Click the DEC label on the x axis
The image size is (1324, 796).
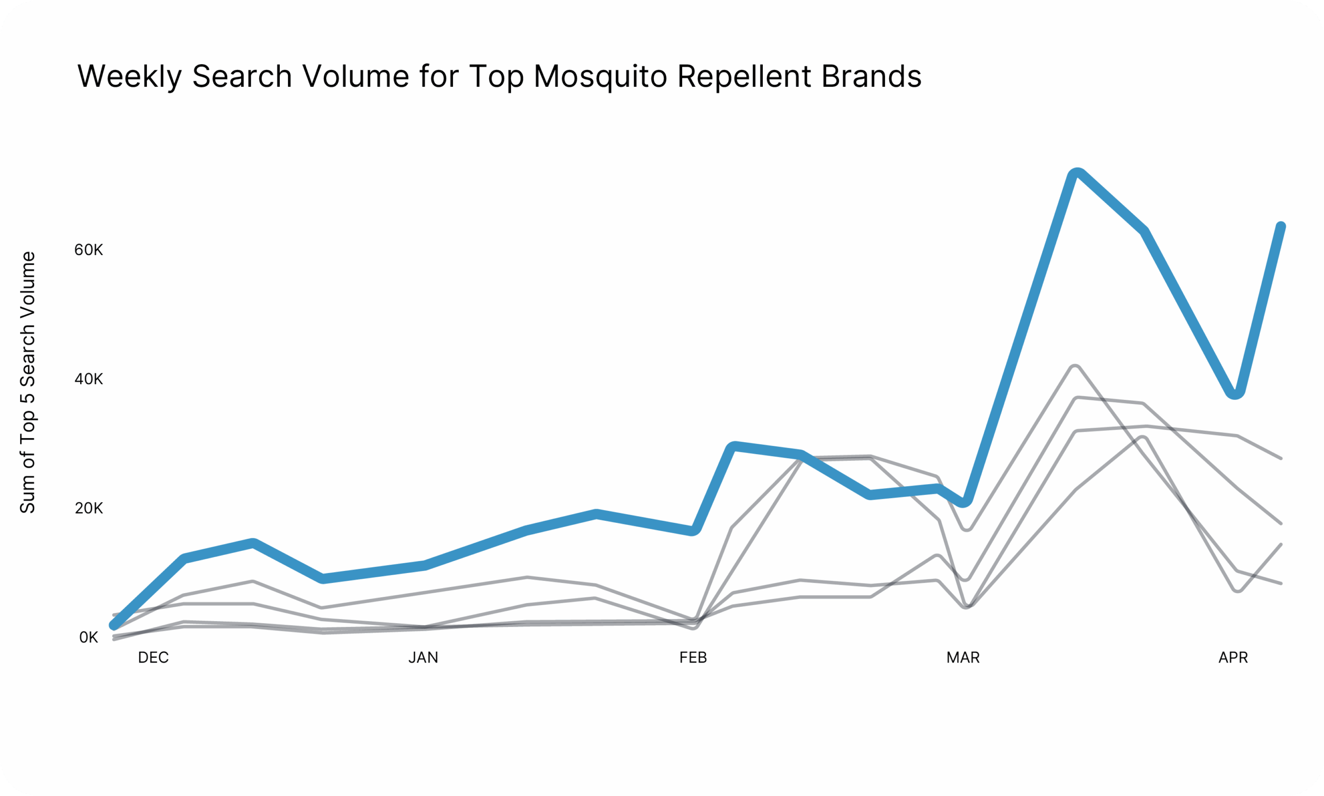pyautogui.click(x=154, y=657)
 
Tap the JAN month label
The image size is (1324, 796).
pyautogui.click(x=423, y=657)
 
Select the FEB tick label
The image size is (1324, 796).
pyautogui.click(x=693, y=657)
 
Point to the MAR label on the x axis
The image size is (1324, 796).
pyautogui.click(x=963, y=657)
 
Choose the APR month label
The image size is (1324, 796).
pyautogui.click(x=1233, y=657)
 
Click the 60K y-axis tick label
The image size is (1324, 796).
pyautogui.click(x=88, y=250)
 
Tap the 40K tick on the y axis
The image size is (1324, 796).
pyautogui.click(x=88, y=379)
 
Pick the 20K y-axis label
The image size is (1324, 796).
pyautogui.click(x=88, y=508)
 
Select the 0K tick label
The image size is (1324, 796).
pyautogui.click(x=88, y=637)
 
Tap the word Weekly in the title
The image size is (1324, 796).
pyautogui.click(x=130, y=76)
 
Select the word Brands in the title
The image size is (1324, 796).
pyautogui.click(x=871, y=76)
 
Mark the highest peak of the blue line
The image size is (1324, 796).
pyautogui.click(x=1076, y=173)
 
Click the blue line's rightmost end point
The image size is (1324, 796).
pyautogui.click(x=1281, y=227)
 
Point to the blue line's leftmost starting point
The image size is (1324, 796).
pyautogui.click(x=114, y=625)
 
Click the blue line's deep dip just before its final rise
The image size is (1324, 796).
pyautogui.click(x=1236, y=393)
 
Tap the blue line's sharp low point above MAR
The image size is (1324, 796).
pyautogui.click(x=964, y=502)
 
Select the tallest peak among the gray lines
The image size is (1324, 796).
pyautogui.click(x=1075, y=367)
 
